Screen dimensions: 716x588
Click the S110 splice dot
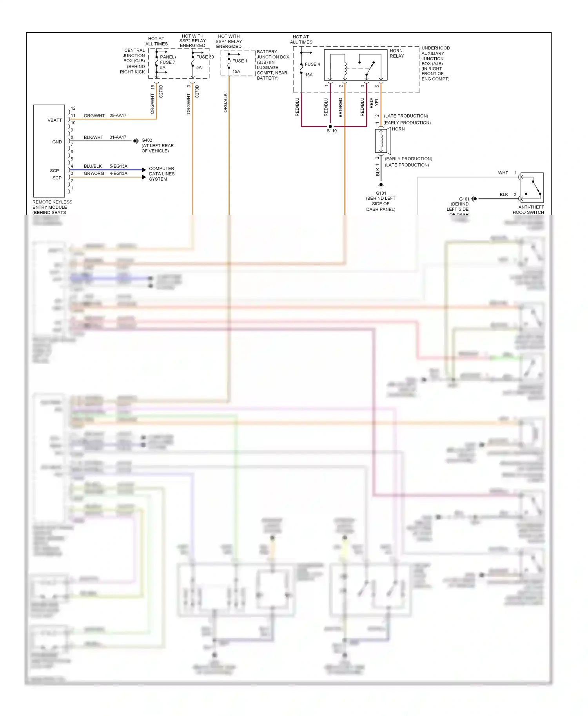(330, 127)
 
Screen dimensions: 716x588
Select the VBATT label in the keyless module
(54, 120)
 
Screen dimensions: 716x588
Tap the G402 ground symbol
(136, 141)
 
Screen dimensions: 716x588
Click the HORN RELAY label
(396, 53)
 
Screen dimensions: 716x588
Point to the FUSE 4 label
(312, 64)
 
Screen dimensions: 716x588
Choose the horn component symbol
(382, 141)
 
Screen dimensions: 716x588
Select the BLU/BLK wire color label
(93, 166)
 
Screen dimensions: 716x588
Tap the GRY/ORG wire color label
(94, 174)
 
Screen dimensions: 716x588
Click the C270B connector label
(161, 91)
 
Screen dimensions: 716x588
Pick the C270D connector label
(197, 91)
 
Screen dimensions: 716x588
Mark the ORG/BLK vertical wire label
(225, 103)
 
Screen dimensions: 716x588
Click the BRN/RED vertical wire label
(340, 107)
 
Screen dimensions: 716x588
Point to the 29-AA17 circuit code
(118, 116)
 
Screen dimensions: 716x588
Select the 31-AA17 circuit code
(118, 137)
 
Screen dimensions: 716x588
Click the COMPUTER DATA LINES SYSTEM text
(162, 174)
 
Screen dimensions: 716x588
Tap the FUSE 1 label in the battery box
(240, 61)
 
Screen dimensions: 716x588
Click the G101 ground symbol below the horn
(381, 185)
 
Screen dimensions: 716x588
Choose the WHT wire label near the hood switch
(503, 173)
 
